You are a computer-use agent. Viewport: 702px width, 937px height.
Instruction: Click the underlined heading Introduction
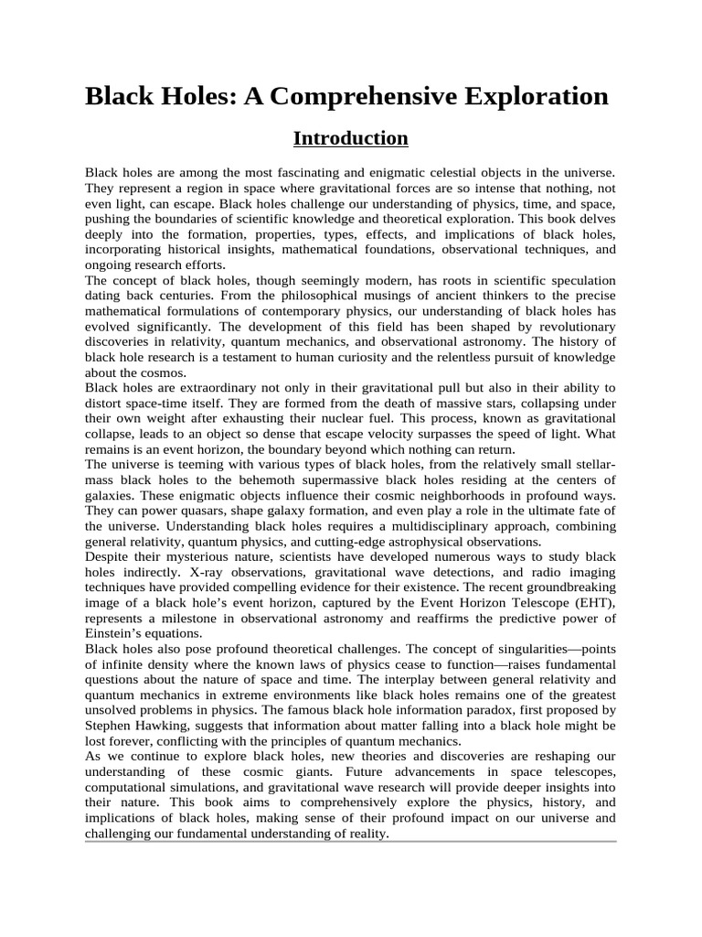pyautogui.click(x=350, y=139)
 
